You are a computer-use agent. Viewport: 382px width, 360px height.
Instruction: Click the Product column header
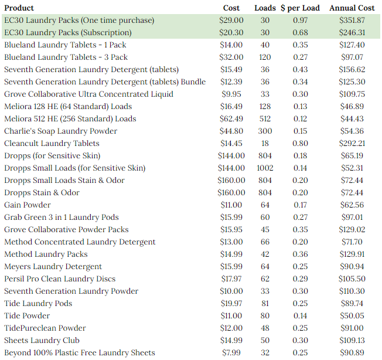[19, 8]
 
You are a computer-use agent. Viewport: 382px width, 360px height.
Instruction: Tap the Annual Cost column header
[352, 8]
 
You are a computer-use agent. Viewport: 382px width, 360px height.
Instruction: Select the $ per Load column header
[300, 8]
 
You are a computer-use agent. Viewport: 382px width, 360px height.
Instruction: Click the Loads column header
[265, 8]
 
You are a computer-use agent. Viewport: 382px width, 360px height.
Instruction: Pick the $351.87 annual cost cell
[352, 21]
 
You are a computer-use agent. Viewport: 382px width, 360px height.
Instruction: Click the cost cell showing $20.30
[231, 33]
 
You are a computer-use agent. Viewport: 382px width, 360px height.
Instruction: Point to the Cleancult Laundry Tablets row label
[52, 143]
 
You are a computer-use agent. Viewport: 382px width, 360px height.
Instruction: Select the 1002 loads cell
[265, 168]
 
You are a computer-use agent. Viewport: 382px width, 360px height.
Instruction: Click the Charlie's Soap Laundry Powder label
[61, 131]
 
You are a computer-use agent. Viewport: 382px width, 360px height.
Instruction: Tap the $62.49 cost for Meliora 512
[231, 118]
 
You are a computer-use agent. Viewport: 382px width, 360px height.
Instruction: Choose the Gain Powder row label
[28, 205]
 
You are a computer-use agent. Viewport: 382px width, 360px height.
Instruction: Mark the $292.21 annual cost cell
[352, 143]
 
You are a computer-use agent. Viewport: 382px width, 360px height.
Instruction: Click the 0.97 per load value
[300, 21]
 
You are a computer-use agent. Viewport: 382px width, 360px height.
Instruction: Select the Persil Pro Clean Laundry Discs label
[60, 279]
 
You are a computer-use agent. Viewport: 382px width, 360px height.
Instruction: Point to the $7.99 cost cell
[231, 352]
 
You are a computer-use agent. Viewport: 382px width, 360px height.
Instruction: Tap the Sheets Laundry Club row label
[42, 340]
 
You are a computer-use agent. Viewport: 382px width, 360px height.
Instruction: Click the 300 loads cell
[265, 131]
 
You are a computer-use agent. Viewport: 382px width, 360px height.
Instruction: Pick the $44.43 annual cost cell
[352, 118]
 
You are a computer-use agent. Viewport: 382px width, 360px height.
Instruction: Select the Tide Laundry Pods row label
[38, 304]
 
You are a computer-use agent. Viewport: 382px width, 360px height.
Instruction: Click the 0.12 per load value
[300, 118]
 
